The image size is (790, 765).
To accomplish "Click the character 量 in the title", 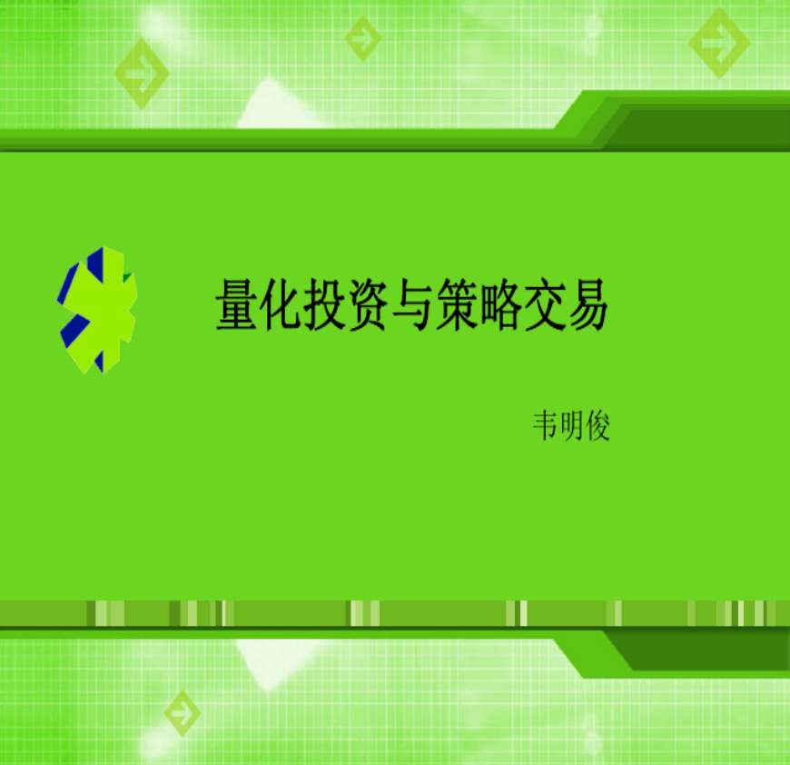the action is coord(237,305).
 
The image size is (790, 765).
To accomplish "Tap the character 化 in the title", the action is coord(281,305).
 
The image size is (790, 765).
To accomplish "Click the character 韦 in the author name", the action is coord(546,426).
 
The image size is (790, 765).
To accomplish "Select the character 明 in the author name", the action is coord(572,426).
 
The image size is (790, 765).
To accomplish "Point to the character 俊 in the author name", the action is coord(597,426).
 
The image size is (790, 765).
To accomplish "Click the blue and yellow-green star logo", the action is coord(97,311).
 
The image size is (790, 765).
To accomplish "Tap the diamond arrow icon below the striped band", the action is coord(182,712).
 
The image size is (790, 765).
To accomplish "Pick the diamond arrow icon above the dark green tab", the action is coord(719,44).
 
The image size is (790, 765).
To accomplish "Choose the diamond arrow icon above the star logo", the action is coord(142,74).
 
